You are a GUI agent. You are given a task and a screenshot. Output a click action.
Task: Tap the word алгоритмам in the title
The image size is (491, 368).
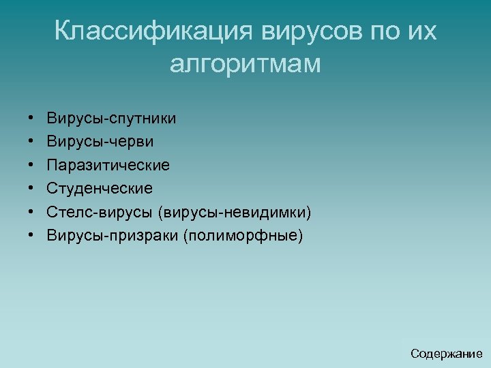click(x=245, y=65)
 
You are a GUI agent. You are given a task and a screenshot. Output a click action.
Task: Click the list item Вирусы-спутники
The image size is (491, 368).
click(x=111, y=119)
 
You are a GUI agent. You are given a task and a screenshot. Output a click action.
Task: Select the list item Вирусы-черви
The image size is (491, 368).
click(x=100, y=142)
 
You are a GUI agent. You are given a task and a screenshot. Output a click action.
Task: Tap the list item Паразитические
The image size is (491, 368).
click(x=108, y=165)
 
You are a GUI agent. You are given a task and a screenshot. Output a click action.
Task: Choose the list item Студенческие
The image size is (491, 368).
click(x=100, y=188)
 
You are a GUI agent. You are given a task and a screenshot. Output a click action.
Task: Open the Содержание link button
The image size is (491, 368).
click(x=446, y=353)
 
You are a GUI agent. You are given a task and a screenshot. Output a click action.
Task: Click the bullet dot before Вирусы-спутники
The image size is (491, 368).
click(x=32, y=119)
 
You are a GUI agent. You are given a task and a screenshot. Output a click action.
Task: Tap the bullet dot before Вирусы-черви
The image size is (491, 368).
click(x=32, y=142)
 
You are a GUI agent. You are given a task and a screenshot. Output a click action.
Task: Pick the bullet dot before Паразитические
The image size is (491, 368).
click(x=32, y=166)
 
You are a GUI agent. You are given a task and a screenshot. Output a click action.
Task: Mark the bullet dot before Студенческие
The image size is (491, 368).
click(x=32, y=189)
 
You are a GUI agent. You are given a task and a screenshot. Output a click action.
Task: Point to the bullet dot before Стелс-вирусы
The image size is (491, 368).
click(x=32, y=213)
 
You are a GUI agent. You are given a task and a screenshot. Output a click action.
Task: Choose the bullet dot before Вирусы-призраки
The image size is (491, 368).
click(x=32, y=236)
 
